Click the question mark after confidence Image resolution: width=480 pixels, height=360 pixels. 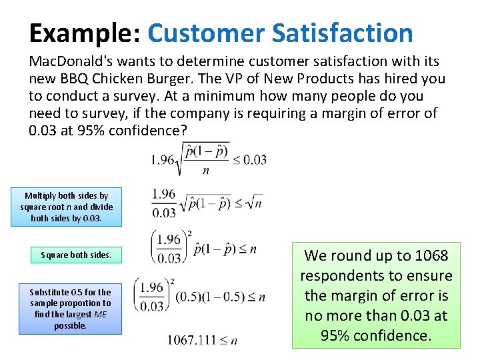coord(183,131)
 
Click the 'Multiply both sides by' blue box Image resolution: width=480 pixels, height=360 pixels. coord(67,207)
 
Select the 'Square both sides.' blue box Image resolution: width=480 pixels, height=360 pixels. coord(76,255)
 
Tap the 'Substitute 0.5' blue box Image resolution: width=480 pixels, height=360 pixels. coord(70,309)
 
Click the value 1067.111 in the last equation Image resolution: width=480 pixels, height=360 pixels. coord(192,340)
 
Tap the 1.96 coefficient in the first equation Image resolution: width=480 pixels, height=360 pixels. coord(162,159)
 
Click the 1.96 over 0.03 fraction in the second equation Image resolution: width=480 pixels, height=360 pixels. coord(163,203)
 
